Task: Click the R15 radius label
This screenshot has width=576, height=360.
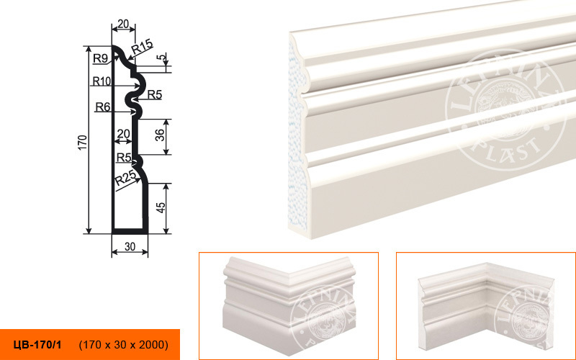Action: click(x=142, y=46)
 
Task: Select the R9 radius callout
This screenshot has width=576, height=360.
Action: click(x=100, y=58)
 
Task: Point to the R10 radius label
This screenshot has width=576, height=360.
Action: click(x=102, y=81)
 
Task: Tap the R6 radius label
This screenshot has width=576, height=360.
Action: click(x=103, y=107)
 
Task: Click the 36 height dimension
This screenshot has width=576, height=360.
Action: click(x=160, y=135)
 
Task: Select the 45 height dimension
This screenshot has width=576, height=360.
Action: click(x=161, y=208)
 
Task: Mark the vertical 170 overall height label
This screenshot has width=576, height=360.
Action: click(x=83, y=143)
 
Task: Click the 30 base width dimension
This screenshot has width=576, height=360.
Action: click(x=130, y=247)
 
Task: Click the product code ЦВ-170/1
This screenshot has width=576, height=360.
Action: click(x=37, y=345)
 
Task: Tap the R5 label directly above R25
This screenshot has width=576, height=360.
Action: click(x=124, y=158)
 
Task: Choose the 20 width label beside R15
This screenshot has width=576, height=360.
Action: click(x=122, y=24)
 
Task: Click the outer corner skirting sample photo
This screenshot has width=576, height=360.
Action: click(x=289, y=305)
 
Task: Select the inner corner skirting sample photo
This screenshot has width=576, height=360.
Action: click(x=485, y=305)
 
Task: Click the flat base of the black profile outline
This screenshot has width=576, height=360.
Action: click(x=130, y=231)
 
